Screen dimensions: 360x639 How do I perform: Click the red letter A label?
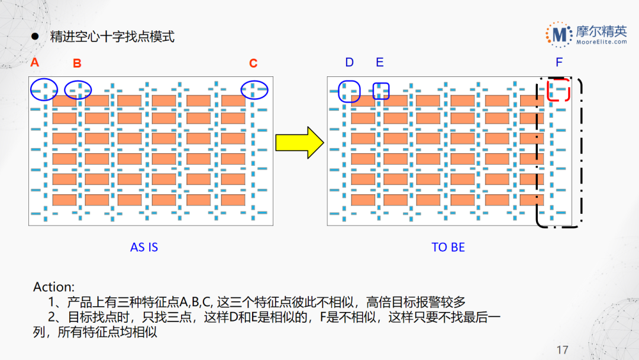[x=35, y=62]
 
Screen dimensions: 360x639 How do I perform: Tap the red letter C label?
[x=253, y=63]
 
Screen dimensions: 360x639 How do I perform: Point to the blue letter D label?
[x=349, y=62]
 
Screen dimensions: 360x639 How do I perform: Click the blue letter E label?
[x=380, y=62]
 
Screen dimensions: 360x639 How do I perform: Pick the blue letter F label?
[x=559, y=62]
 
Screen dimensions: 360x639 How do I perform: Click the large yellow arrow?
[x=299, y=143]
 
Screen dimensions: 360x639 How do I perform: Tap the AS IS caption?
[x=144, y=247]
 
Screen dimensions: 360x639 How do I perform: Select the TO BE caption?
[x=448, y=247]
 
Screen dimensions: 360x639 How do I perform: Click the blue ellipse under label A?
[x=44, y=89]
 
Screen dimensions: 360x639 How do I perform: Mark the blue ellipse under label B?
[x=78, y=89]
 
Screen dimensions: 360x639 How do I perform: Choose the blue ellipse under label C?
[x=254, y=89]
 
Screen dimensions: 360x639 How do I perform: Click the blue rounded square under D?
[x=349, y=91]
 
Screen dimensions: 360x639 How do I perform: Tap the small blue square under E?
[x=381, y=91]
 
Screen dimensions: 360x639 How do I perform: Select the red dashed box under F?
[x=559, y=89]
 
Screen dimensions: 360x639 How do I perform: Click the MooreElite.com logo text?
[x=601, y=41]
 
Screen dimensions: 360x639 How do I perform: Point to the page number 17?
[x=562, y=350]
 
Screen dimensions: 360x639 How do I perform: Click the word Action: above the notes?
[x=54, y=287]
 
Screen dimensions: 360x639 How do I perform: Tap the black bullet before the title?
[x=35, y=37]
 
